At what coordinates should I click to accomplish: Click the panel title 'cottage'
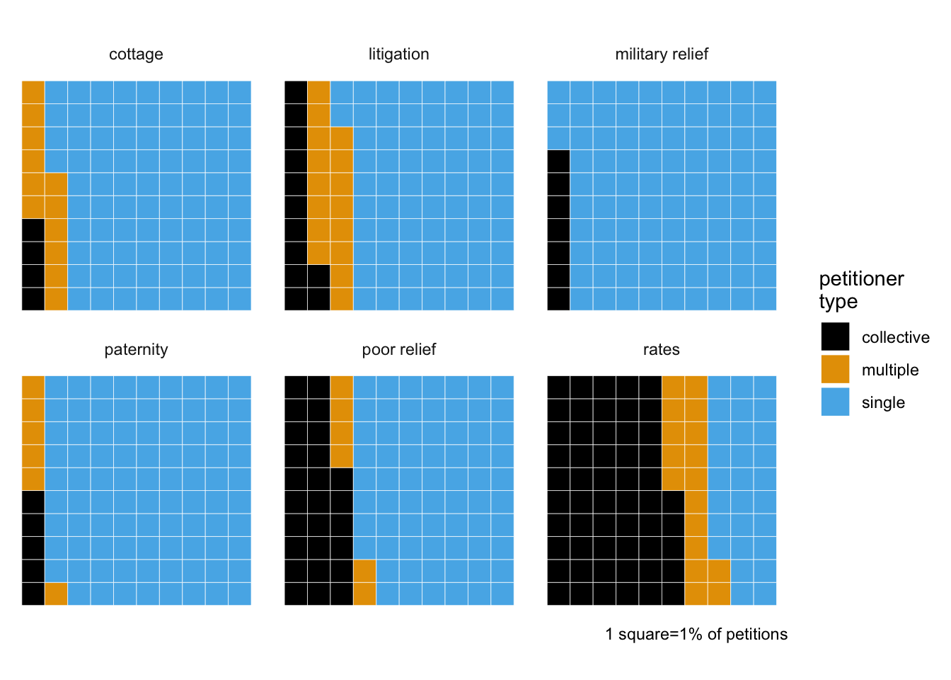point(136,55)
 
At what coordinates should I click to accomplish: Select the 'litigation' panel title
point(398,54)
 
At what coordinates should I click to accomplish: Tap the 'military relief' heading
point(662,54)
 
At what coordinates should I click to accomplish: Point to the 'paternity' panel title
point(136,350)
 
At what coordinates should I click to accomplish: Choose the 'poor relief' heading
point(398,349)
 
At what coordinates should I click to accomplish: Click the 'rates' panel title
point(661,350)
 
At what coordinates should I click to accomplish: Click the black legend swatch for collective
point(835,336)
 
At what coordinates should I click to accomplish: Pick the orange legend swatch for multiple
point(835,369)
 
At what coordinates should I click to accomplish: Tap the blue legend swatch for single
point(835,402)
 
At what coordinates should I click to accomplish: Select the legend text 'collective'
point(895,337)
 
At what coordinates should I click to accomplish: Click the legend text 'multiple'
point(890,370)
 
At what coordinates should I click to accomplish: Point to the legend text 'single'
point(883,402)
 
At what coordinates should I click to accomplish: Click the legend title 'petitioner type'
point(861,290)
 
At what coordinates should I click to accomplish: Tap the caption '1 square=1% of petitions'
point(696,634)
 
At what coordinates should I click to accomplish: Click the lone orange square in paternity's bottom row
point(56,594)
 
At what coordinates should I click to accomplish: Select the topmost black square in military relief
point(558,161)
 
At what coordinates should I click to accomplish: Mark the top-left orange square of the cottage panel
point(33,92)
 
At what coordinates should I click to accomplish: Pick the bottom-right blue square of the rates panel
point(765,594)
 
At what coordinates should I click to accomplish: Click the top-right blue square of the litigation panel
point(502,92)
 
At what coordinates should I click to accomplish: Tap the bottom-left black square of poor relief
point(296,594)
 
